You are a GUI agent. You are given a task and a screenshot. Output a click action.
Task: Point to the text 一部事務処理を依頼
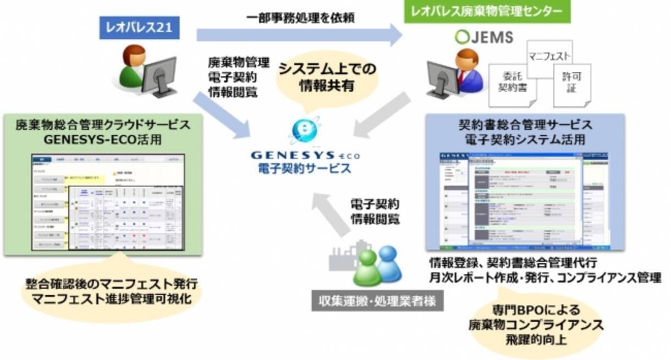pos(300,17)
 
